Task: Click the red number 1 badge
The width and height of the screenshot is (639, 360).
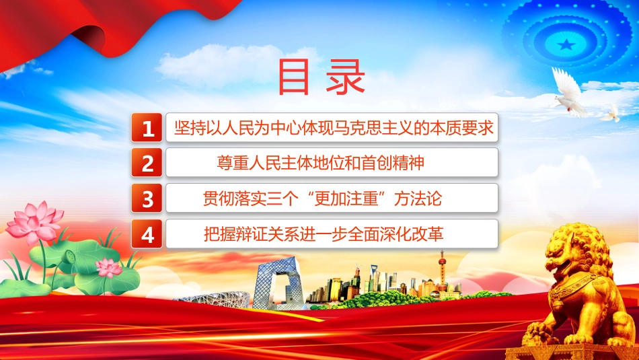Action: (147, 128)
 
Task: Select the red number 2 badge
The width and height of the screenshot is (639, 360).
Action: (147, 163)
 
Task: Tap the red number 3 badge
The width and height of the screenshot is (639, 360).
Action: (147, 198)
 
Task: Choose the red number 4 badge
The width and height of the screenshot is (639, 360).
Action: (147, 233)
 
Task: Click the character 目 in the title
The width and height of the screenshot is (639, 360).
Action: (294, 77)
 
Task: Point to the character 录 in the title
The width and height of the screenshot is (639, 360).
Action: (346, 77)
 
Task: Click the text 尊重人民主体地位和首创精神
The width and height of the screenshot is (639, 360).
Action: (320, 163)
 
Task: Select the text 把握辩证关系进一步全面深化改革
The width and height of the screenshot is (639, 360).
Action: (324, 234)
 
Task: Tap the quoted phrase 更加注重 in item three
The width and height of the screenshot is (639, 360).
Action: (347, 199)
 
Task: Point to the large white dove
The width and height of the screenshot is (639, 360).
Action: (570, 93)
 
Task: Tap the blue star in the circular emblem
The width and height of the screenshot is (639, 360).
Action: (566, 44)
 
